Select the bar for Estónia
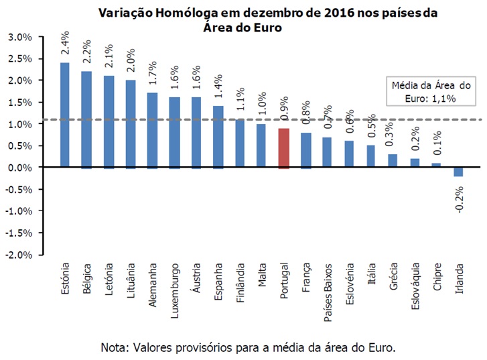(x=65, y=115)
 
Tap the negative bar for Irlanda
(x=458, y=172)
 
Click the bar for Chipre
(x=436, y=165)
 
